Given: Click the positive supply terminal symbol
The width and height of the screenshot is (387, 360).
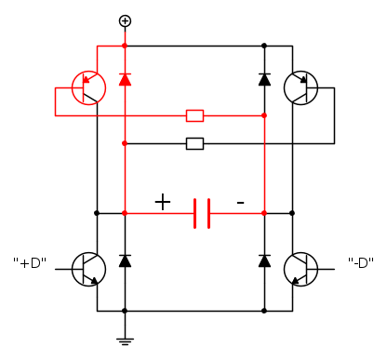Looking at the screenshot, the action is click(125, 21).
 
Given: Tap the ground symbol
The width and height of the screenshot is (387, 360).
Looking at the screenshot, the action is click(125, 341).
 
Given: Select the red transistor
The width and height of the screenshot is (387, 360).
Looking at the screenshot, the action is click(88, 88).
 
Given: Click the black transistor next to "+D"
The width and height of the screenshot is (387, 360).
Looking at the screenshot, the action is click(88, 269).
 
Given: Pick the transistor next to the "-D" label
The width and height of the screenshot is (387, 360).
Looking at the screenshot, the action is click(300, 269).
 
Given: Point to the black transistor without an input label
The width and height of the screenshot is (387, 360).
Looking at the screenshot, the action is click(300, 88).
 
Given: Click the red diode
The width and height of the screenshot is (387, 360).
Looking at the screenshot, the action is click(125, 79).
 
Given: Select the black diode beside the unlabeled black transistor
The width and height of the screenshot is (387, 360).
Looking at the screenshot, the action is click(264, 79).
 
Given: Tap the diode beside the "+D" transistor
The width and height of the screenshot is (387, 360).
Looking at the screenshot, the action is click(125, 260).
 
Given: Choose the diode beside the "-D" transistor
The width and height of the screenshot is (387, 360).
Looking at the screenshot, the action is click(264, 260).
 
